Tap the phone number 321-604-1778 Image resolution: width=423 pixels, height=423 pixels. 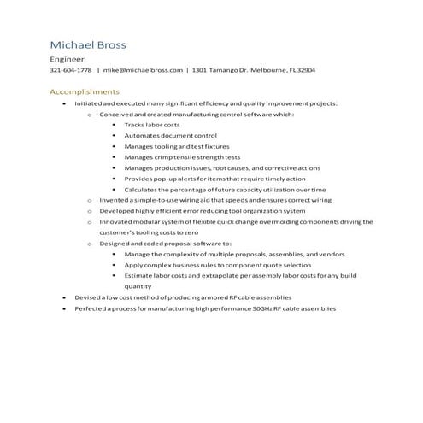(x=71, y=70)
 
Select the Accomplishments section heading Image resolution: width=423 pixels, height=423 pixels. (x=85, y=91)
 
